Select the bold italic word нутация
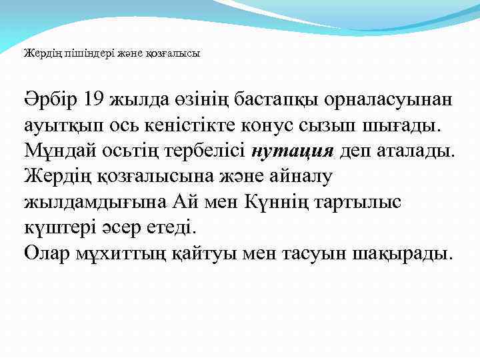point(293,151)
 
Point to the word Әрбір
point(51,99)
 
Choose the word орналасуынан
point(387,99)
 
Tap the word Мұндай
point(56,151)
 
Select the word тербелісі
point(201,151)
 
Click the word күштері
point(57,227)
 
